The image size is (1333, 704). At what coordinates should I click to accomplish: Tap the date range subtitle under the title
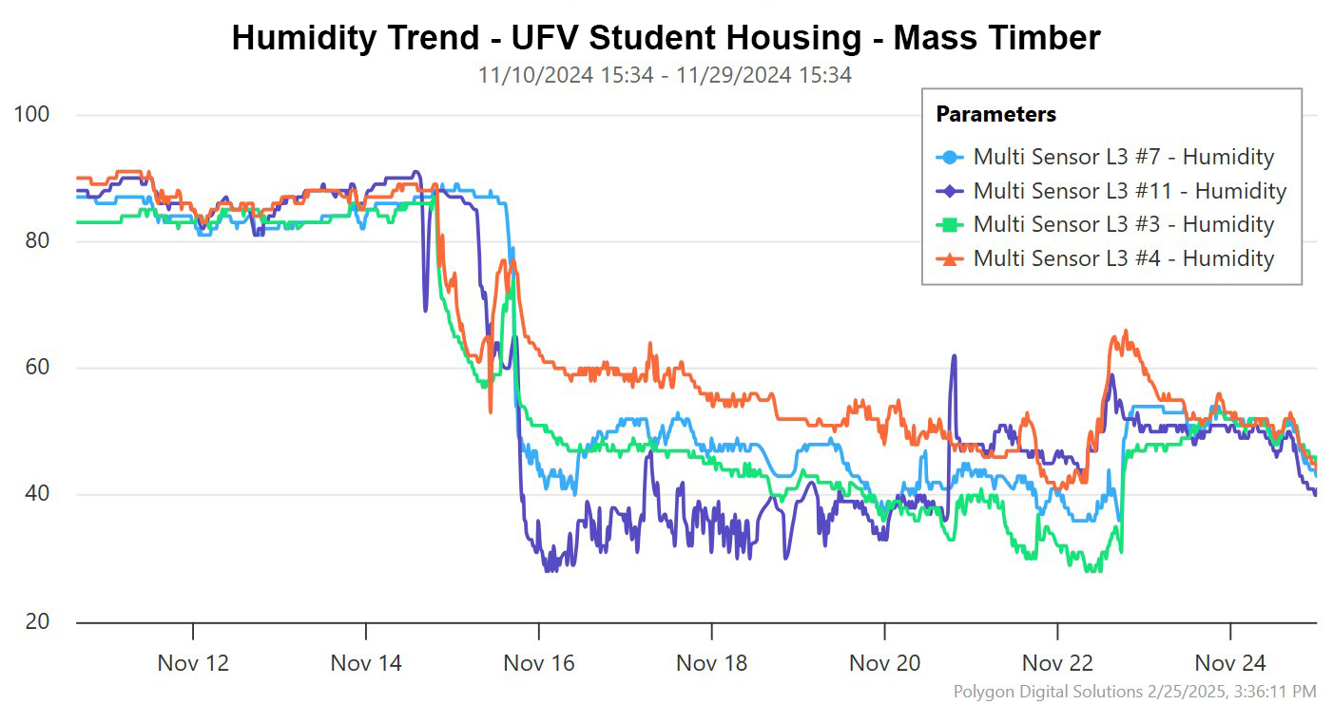[x=665, y=75]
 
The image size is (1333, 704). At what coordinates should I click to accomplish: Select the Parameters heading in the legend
[x=995, y=114]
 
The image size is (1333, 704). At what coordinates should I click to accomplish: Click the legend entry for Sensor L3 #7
[x=1123, y=157]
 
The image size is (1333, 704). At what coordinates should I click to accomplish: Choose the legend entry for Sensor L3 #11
[x=1130, y=190]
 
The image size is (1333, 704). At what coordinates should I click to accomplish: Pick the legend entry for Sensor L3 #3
[x=1123, y=224]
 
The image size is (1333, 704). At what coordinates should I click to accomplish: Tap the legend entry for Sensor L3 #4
[x=1123, y=257]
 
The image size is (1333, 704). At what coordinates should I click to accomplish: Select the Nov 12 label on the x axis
[x=193, y=662]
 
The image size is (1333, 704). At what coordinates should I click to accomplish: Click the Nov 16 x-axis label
[x=539, y=662]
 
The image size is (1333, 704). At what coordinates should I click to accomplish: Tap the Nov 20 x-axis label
[x=885, y=662]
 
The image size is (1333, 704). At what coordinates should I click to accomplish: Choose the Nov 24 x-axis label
[x=1230, y=662]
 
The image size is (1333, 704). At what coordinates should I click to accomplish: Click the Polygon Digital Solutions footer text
[x=1134, y=691]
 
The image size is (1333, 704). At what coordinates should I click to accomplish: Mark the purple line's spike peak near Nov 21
[x=954, y=356]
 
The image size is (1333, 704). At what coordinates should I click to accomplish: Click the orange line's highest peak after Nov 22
[x=1126, y=331]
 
